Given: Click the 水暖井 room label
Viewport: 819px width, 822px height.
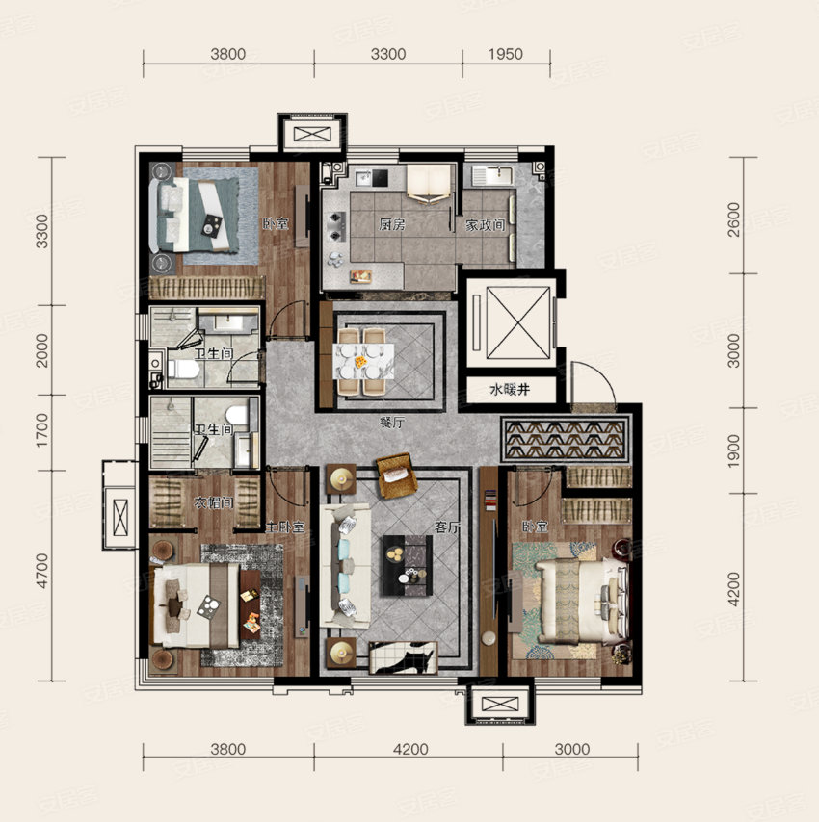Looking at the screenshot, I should click(510, 391).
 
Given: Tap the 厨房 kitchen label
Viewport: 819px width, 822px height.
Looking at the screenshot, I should click(391, 224).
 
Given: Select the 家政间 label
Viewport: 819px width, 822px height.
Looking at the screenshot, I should click(487, 224).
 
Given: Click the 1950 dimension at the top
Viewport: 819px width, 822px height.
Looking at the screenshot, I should click(504, 54).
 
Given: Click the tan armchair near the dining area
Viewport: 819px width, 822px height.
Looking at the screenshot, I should click(394, 474).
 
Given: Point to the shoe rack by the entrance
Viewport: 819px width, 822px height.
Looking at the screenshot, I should click(566, 437).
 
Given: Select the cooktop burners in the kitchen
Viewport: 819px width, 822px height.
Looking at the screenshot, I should click(336, 223).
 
